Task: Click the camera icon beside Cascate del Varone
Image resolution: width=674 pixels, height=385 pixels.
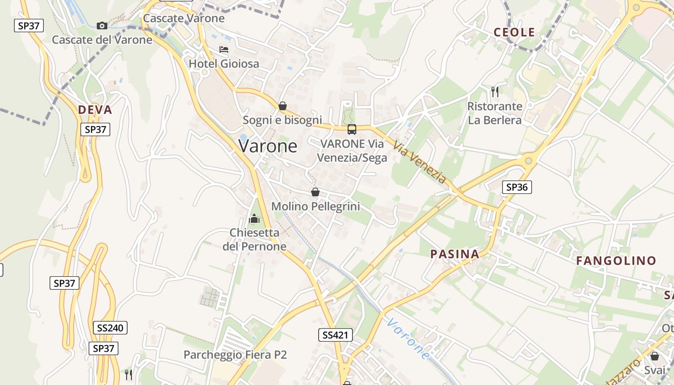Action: point(102,26)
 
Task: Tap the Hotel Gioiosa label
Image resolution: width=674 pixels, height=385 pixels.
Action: point(223,64)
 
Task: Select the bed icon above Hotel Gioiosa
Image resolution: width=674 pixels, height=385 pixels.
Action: point(223,50)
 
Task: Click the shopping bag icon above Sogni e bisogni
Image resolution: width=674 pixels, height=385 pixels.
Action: point(283,106)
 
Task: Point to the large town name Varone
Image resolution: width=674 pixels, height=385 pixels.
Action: point(268,146)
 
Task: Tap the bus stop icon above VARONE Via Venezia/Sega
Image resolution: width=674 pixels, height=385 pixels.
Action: point(352,129)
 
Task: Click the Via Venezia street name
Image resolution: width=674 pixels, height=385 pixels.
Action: point(419,162)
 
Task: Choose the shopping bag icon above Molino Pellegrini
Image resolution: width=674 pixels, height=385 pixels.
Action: point(315,192)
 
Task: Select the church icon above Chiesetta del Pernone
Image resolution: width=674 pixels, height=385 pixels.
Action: point(254,219)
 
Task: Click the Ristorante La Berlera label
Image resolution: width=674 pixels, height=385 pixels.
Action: point(494,113)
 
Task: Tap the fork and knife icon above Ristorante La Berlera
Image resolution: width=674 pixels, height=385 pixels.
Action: point(494,91)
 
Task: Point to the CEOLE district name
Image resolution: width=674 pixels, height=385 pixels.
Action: point(514,32)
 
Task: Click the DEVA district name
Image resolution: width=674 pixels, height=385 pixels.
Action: point(95,110)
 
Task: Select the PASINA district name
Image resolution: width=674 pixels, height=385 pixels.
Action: point(454,254)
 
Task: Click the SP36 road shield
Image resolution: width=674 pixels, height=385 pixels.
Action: point(517,187)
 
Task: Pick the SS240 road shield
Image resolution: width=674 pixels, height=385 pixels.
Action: point(110,328)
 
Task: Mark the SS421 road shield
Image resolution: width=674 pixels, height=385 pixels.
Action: point(335,335)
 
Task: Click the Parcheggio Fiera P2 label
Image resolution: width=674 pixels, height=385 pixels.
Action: point(235,355)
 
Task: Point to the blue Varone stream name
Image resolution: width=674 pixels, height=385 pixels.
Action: point(409,339)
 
